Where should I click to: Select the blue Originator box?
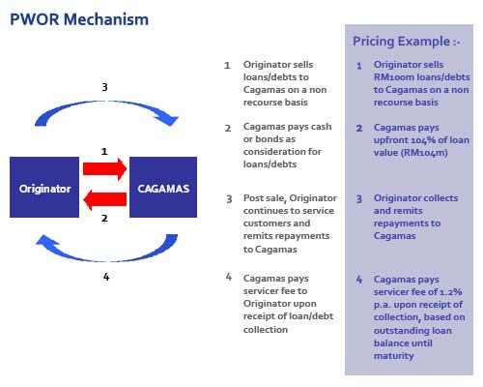pos(45,189)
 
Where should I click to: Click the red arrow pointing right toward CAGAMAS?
pos(105,169)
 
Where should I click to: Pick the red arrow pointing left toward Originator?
pos(105,200)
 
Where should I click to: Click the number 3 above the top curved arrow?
pos(105,86)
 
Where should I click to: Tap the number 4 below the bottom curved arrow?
pos(105,277)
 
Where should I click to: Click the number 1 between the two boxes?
pos(105,152)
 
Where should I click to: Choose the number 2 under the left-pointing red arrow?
pos(105,220)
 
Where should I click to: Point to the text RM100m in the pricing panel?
pos(393,76)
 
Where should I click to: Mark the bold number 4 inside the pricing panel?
pos(359,280)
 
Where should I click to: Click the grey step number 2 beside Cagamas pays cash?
pos(228,127)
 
